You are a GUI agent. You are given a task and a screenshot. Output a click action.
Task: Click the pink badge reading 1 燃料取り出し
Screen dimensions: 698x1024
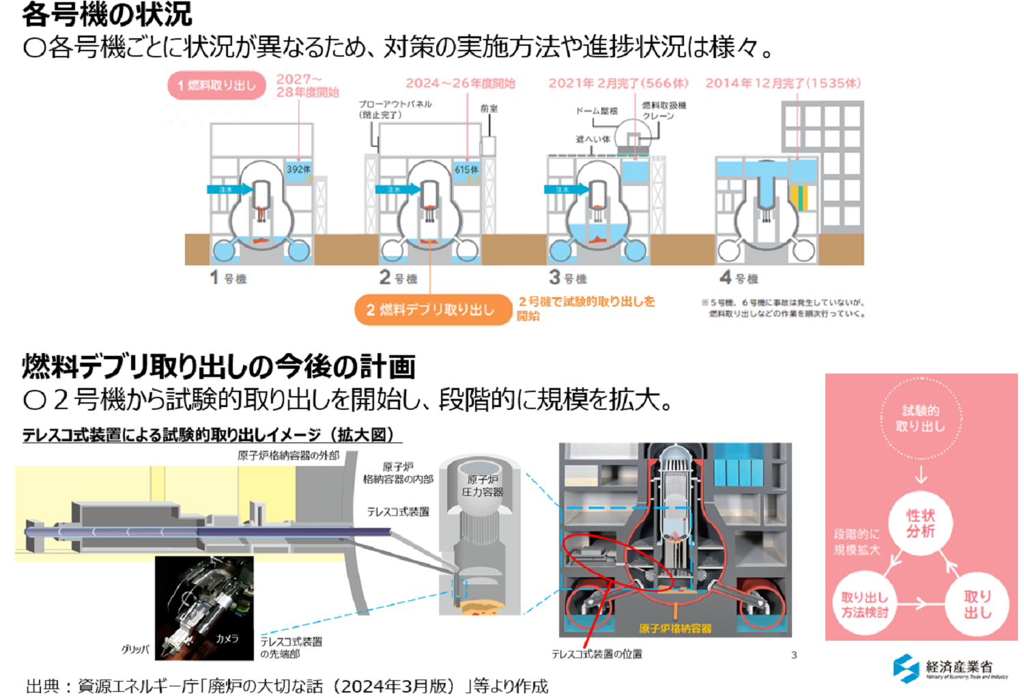tap(216, 85)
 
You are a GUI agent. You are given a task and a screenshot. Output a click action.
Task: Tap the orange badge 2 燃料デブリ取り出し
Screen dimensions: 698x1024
tap(432, 310)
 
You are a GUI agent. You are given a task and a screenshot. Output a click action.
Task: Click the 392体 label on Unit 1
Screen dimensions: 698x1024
tap(298, 169)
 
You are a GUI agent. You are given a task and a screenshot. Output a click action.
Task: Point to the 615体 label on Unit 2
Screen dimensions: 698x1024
tap(466, 169)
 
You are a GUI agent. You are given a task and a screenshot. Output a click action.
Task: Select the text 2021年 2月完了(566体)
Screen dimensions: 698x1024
tap(618, 83)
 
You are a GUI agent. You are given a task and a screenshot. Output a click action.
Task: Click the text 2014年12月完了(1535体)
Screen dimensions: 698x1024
tap(783, 83)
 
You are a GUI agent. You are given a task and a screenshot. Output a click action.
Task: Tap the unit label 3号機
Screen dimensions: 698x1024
tap(568, 277)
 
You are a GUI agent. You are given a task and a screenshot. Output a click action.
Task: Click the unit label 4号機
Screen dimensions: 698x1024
tap(739, 277)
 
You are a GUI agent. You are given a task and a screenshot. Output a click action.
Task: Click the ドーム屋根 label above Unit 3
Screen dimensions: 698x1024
tap(597, 111)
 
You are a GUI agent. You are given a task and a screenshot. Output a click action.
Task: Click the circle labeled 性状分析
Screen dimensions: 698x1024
tap(920, 523)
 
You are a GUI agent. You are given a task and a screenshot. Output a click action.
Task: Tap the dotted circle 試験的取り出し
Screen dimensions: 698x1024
tap(920, 419)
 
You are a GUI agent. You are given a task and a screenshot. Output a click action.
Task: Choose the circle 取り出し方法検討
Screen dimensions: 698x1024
tap(864, 605)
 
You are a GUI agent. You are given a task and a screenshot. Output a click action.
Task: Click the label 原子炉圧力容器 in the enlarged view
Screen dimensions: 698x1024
tap(482, 486)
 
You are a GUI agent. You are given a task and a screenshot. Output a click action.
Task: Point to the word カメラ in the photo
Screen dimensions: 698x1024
tap(227, 639)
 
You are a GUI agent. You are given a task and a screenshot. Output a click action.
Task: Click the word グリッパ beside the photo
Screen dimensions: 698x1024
tap(135, 649)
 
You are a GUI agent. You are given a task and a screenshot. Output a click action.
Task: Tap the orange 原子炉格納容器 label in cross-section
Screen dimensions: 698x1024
tap(674, 628)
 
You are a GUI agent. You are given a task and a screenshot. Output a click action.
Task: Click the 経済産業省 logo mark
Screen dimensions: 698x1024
tap(906, 668)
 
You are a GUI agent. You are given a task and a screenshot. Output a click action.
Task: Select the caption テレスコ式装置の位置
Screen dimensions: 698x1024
tap(597, 654)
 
